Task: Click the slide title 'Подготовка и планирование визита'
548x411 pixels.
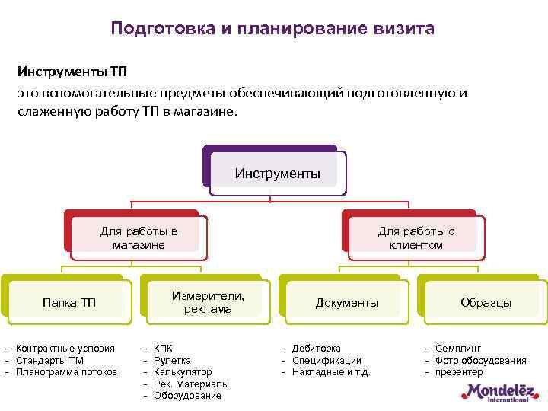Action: coord(272,29)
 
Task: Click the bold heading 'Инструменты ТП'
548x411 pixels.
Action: coord(72,72)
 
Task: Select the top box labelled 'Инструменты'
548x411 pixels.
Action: coord(277,174)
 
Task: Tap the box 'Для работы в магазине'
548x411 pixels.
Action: coord(139,237)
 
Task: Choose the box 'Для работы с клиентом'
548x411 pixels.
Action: coord(416,237)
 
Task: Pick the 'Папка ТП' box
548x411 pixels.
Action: coord(68,303)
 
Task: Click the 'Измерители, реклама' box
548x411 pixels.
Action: coord(208,302)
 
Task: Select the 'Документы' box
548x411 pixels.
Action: coord(347,303)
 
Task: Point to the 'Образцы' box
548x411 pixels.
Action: coord(486,303)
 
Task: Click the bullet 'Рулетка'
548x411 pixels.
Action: coord(172,360)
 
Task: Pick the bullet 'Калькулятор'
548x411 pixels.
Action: coord(183,372)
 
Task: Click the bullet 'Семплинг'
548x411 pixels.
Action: coord(458,348)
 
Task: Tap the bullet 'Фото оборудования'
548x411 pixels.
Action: coord(480,360)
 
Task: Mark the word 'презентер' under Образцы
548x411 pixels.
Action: coord(459,372)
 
